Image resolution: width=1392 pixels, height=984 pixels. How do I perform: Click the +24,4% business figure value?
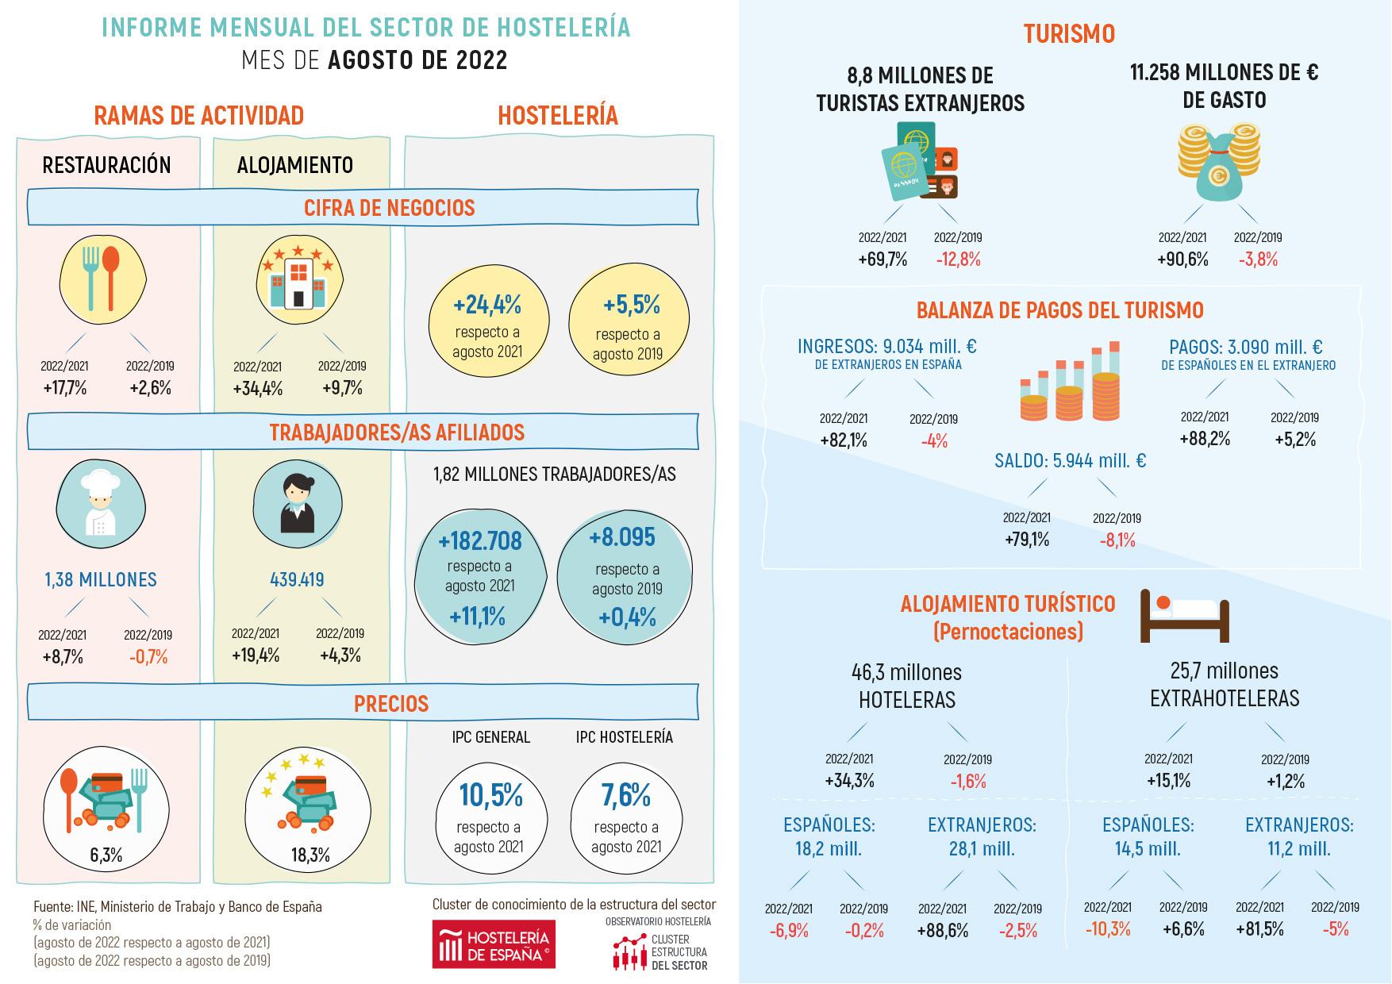pos(487,305)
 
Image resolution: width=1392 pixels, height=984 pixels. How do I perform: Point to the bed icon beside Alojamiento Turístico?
pos(1183,615)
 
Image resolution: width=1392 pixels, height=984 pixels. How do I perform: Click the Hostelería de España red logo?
pos(494,944)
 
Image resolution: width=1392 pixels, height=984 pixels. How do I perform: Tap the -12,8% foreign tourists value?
pos(958,259)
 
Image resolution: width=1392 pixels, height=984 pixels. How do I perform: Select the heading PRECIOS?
pos(391,704)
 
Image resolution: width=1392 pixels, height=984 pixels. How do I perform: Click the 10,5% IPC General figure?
pos(490,794)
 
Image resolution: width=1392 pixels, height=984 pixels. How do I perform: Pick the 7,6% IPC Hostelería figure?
pos(625,794)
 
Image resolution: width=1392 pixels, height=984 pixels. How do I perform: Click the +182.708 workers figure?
pos(480,541)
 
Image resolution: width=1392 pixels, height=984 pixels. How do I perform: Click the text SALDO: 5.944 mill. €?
pos(1071,461)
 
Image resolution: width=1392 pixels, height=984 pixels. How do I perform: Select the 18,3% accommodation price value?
pos(310,855)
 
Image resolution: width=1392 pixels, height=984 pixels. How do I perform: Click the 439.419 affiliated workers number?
pos(297,580)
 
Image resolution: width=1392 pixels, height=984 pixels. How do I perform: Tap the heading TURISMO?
pos(1069,33)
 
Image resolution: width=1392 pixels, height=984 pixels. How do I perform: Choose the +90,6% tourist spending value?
pos(1182,259)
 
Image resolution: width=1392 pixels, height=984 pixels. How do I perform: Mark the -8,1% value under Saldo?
pos(1117,540)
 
